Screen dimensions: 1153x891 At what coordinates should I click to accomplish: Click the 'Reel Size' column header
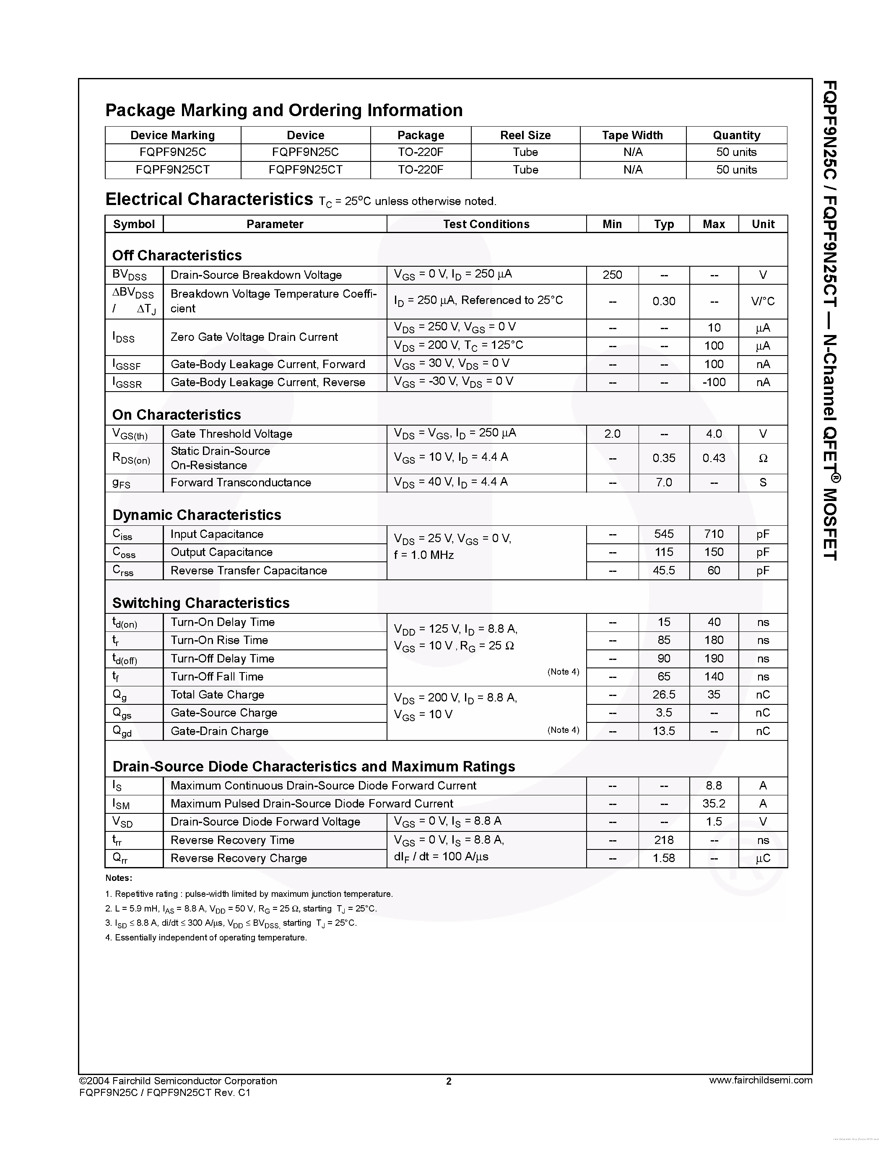click(525, 135)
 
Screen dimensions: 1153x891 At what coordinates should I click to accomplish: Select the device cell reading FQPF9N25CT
click(305, 170)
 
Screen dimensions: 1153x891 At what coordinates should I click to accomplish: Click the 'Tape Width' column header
click(632, 135)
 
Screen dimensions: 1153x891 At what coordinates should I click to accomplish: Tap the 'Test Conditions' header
click(486, 224)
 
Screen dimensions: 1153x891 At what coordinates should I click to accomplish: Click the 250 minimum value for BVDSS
click(612, 275)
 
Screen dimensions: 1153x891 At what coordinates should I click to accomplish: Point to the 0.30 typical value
click(663, 301)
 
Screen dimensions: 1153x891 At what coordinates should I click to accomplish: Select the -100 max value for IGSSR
click(714, 382)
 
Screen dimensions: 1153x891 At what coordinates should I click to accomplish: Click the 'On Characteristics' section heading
click(176, 414)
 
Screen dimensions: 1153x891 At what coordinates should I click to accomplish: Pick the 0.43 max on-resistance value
click(714, 458)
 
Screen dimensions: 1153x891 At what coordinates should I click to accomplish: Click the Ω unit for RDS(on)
click(763, 458)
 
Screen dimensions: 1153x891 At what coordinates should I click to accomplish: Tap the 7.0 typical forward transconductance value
click(663, 483)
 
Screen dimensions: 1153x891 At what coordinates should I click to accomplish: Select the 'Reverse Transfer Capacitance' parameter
click(249, 571)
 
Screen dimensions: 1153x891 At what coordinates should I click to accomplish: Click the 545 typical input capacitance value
click(663, 534)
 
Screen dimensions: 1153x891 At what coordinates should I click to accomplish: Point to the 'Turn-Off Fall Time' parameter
click(217, 677)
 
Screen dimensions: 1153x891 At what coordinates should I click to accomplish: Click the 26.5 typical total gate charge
click(663, 695)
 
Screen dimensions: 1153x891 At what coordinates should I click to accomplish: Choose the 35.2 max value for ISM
click(714, 803)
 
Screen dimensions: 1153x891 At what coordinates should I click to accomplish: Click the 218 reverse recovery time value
click(663, 840)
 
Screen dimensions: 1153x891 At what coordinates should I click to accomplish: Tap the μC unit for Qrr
click(763, 858)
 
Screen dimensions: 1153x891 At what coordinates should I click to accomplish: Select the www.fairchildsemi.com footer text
click(760, 1080)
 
